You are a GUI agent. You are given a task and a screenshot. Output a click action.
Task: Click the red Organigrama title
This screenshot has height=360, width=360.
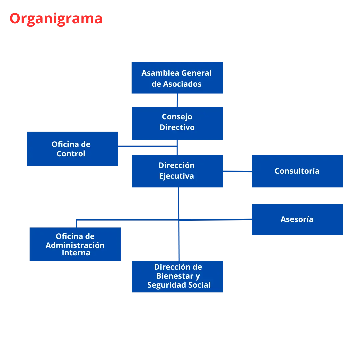click(x=56, y=19)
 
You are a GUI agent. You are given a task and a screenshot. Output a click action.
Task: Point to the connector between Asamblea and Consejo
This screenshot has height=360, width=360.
click(x=177, y=101)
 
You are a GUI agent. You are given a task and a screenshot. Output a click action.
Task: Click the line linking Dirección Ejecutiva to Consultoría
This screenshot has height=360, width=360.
click(x=237, y=170)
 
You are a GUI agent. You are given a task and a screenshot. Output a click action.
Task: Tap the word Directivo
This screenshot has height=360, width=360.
click(x=177, y=127)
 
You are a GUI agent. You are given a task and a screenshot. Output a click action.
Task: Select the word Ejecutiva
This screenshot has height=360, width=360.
click(x=176, y=176)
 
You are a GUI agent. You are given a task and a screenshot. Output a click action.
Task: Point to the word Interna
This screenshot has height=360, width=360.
click(x=76, y=253)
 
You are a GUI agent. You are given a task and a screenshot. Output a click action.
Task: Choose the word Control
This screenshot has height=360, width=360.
click(x=71, y=154)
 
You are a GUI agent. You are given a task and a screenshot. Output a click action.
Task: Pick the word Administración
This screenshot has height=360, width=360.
click(x=75, y=245)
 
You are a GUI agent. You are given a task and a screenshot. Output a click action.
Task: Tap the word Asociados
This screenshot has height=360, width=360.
click(x=182, y=84)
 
